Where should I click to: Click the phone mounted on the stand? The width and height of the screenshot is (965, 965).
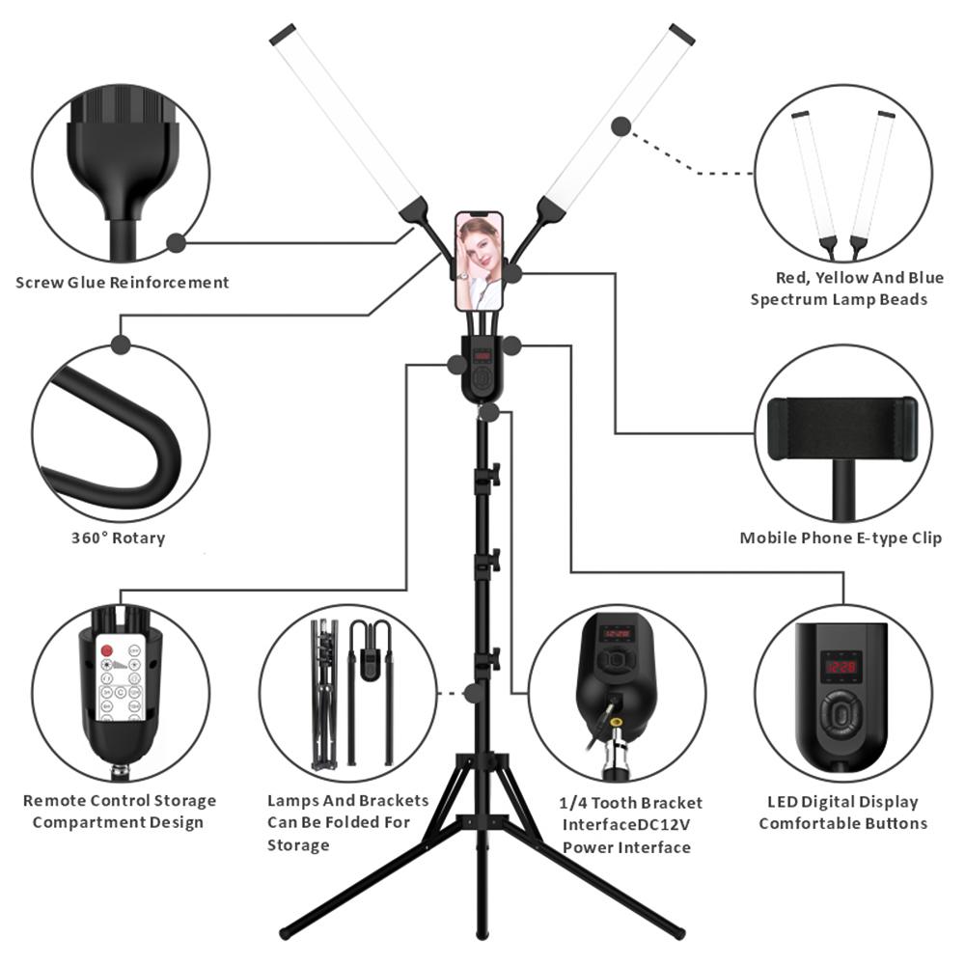pyautogui.click(x=480, y=261)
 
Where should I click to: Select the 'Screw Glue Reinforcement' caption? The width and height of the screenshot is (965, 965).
pyautogui.click(x=123, y=283)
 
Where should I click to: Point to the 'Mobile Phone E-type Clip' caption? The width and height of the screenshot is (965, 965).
pyautogui.click(x=841, y=538)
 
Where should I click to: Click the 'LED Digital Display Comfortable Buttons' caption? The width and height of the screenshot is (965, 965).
pyautogui.click(x=842, y=813)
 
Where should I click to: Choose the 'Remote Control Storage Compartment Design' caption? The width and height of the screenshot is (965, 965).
pyautogui.click(x=119, y=812)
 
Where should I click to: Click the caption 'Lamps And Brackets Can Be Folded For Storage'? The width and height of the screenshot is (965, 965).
pyautogui.click(x=347, y=823)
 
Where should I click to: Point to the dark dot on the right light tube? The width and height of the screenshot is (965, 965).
pyautogui.click(x=621, y=125)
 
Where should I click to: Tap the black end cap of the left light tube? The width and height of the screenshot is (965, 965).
pyautogui.click(x=283, y=34)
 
